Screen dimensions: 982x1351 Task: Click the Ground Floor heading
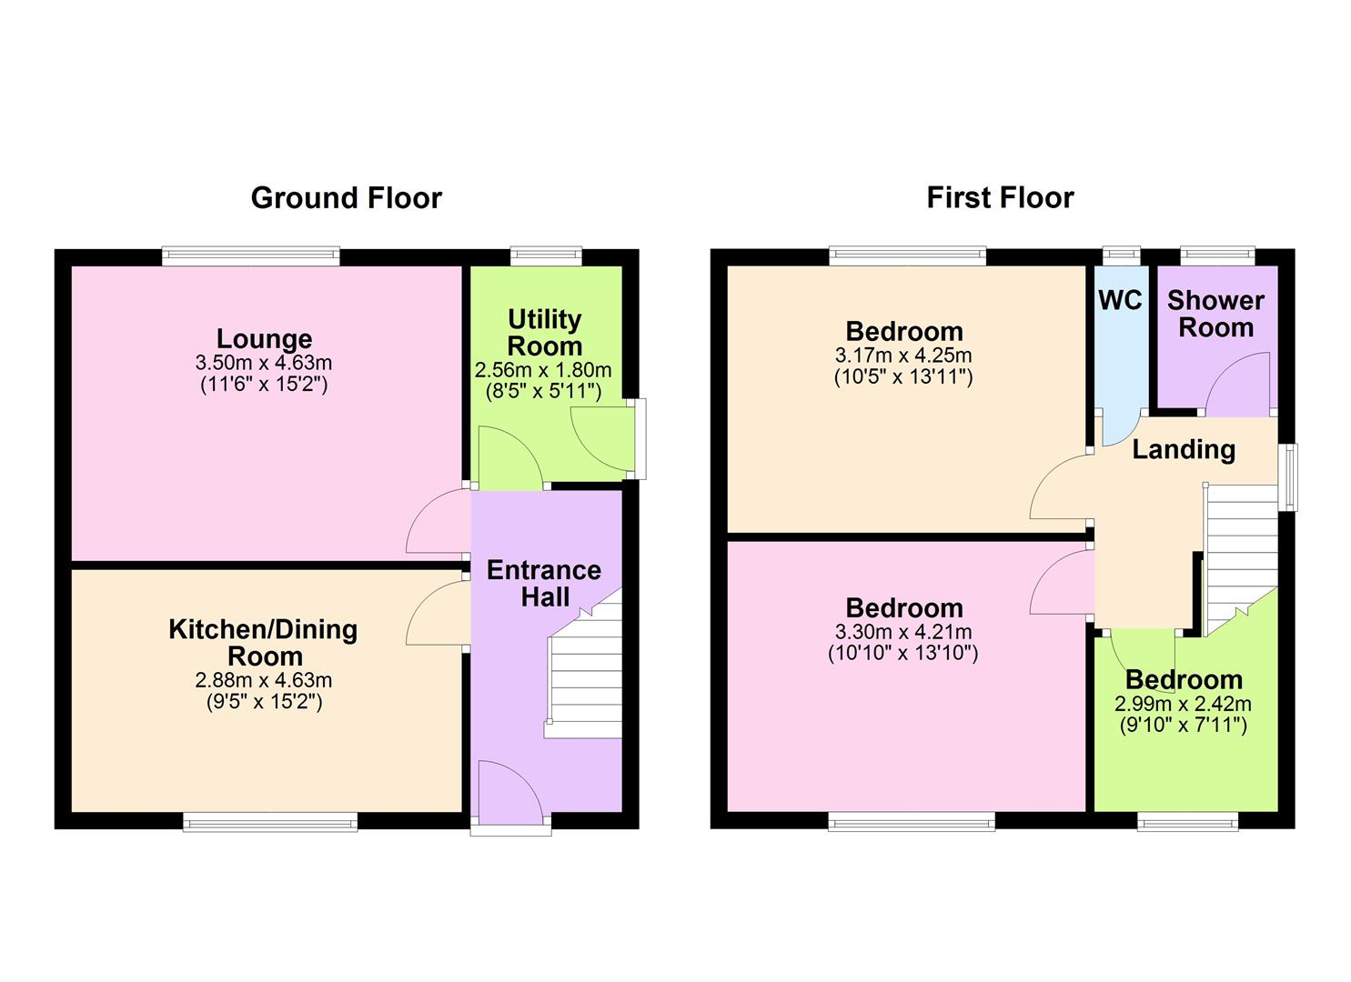coord(346,197)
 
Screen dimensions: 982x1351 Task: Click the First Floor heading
coord(1000,197)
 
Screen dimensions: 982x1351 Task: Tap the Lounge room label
coord(264,338)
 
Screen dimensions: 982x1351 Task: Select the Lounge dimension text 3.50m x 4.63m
coord(264,363)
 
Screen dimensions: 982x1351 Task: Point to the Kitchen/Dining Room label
coord(264,642)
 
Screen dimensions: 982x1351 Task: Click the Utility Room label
coord(544,333)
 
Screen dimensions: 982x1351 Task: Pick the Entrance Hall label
coord(543,583)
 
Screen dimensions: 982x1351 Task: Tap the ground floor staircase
coord(585,673)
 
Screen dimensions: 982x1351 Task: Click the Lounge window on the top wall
coord(251,257)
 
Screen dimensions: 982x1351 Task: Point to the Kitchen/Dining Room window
coord(270,823)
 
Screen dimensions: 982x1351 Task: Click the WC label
coord(1120,301)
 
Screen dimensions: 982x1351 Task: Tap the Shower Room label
coord(1215,314)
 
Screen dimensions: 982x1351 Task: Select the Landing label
coord(1183,449)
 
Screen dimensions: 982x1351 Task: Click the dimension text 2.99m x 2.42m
coord(1183,704)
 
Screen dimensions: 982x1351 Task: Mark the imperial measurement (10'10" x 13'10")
coord(902,653)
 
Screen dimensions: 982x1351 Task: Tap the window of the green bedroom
coord(1187,823)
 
